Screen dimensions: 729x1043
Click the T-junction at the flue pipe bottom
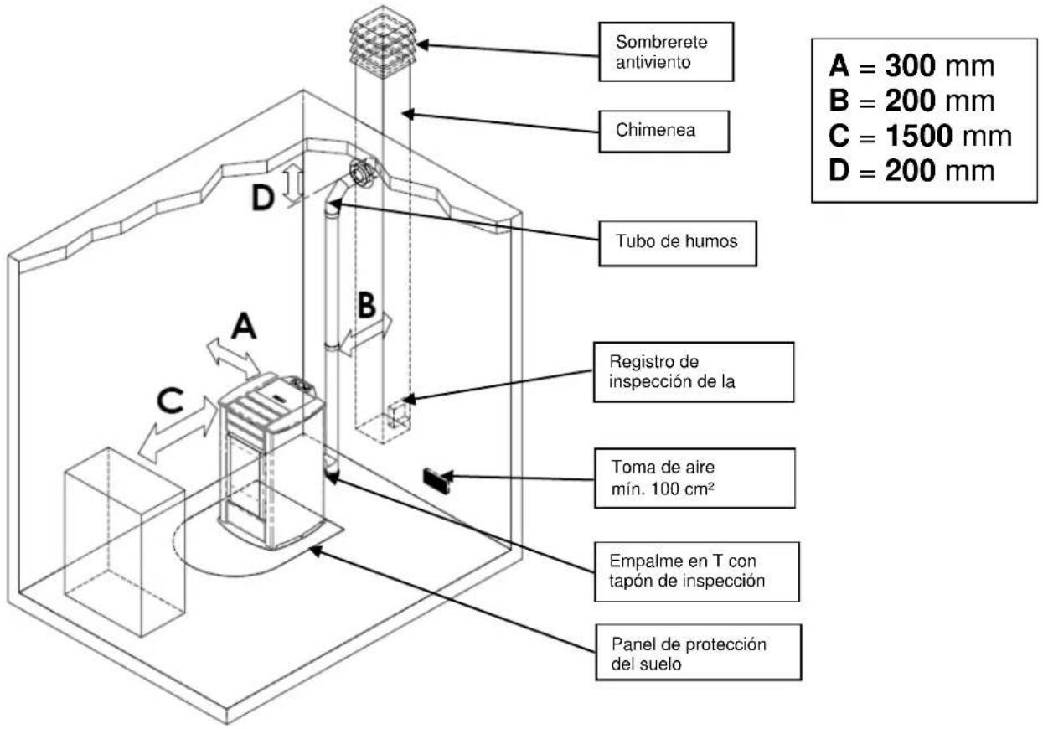pos(330,468)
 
